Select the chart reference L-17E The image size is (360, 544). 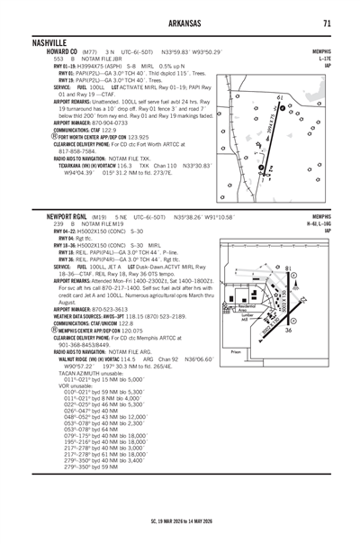click(321, 59)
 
